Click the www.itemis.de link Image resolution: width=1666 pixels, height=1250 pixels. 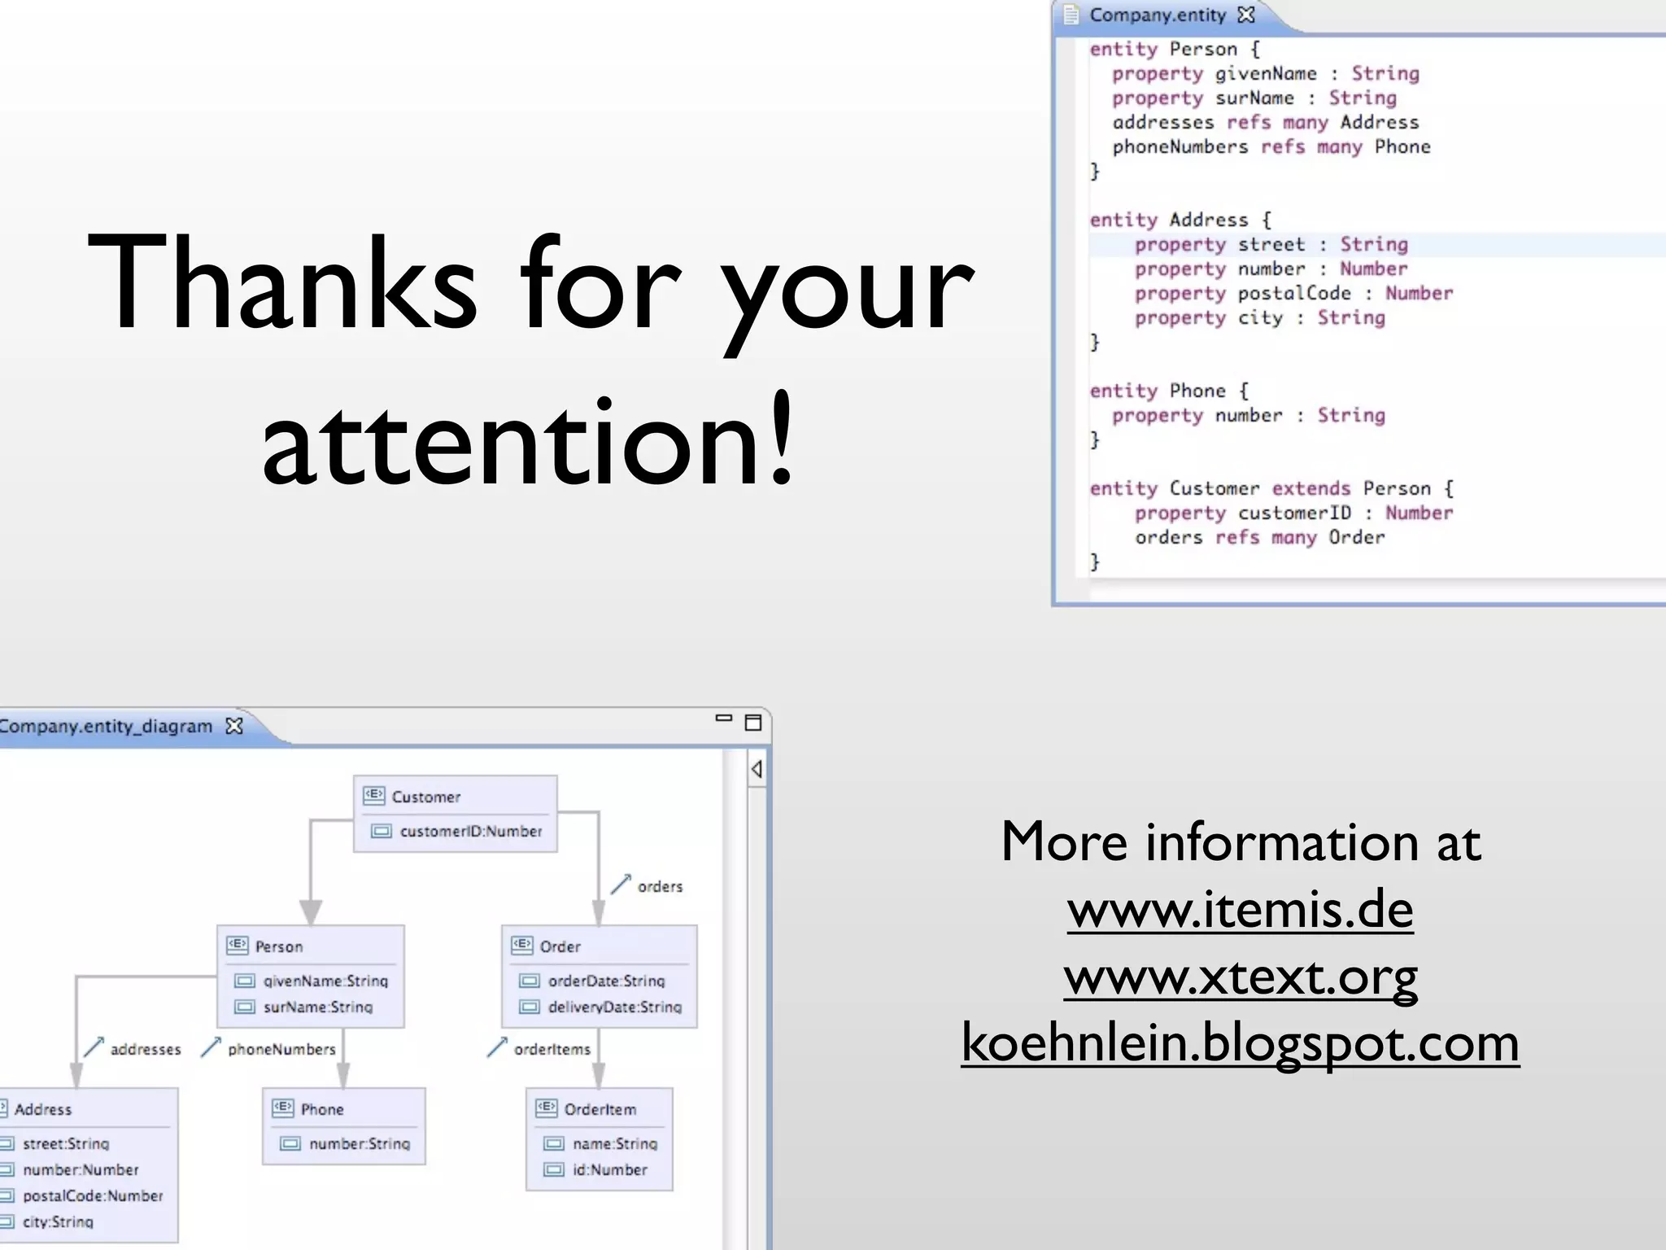pos(1240,910)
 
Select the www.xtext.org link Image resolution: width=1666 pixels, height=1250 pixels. pos(1240,977)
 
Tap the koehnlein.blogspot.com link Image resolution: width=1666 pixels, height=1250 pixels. pos(1240,1043)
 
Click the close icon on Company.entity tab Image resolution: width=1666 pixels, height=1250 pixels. pos(1245,15)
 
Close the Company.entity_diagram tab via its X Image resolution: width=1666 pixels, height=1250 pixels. pos(234,726)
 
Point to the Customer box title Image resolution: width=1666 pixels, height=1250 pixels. pos(425,797)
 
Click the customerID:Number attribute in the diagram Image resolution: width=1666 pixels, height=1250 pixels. pos(470,831)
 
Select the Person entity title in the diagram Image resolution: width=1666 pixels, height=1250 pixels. pos(278,946)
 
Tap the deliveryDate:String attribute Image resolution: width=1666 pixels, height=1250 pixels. pos(614,1007)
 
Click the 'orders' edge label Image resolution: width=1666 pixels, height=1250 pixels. pos(660,886)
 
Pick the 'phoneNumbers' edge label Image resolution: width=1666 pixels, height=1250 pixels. pos(281,1049)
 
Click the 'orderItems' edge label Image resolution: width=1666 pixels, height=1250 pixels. pos(552,1049)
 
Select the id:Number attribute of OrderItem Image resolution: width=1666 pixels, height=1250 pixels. pos(609,1169)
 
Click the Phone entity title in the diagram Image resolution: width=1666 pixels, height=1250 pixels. pos(321,1109)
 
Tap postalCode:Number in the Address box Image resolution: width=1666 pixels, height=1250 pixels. pos(93,1195)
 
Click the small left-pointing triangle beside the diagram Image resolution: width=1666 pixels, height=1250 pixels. pos(757,769)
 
